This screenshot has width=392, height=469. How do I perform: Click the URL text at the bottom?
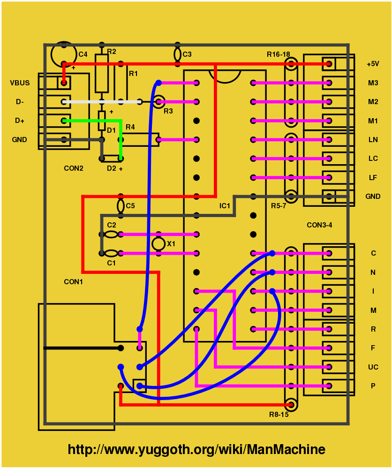coord(196,450)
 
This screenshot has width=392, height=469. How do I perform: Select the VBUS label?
coord(20,83)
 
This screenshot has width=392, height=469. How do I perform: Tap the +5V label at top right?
coord(373,64)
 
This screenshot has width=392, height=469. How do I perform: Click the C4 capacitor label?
coord(83,54)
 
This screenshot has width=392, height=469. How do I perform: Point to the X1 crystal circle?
coord(158,244)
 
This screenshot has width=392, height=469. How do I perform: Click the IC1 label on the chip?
coord(225,206)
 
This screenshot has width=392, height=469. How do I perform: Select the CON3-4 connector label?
coord(319,225)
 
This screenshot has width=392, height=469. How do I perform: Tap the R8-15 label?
coord(279,414)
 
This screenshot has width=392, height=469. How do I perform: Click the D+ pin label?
coord(20,121)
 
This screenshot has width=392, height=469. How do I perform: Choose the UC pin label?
coord(373,367)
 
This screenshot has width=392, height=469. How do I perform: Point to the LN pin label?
coord(373,140)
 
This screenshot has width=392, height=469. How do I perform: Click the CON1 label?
coord(73,282)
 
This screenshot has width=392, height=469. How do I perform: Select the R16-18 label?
coord(279,54)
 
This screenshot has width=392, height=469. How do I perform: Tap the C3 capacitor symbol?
coord(177,54)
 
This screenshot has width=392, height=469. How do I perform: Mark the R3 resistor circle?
coord(159,100)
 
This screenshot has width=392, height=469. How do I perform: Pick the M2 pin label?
coord(373,102)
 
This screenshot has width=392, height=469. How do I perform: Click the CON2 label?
coord(73,168)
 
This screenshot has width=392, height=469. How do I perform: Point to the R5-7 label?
coord(279,206)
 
